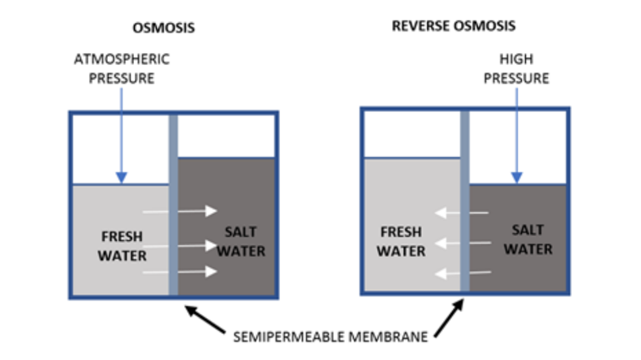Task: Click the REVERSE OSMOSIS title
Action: [x=453, y=26]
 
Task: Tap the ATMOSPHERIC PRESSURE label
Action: [x=121, y=69]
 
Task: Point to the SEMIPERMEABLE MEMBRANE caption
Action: [x=332, y=336]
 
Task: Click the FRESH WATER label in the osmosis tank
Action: [x=123, y=246]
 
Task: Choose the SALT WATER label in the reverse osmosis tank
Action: [x=528, y=239]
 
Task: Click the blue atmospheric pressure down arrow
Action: [x=121, y=135]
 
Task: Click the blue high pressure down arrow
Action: [x=517, y=135]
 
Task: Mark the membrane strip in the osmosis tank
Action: [x=173, y=206]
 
